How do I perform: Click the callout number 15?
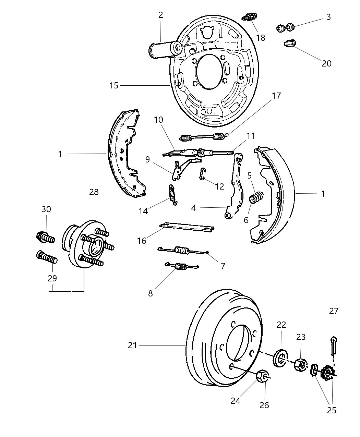click(114, 85)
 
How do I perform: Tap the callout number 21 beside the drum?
click(132, 345)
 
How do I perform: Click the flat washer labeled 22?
click(281, 358)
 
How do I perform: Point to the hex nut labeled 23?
click(300, 365)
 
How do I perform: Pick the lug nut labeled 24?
click(262, 376)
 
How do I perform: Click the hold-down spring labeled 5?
click(256, 198)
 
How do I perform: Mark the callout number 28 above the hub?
click(94, 192)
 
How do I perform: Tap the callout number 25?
click(332, 410)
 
